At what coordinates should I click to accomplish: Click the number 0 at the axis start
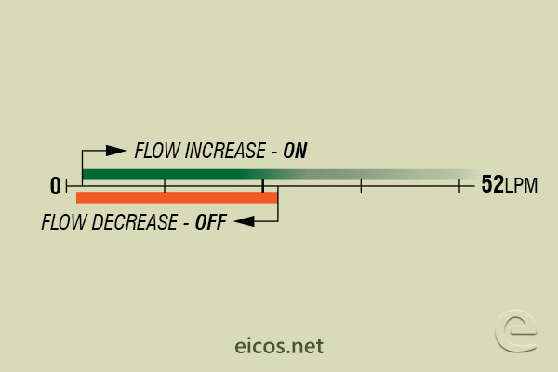55,186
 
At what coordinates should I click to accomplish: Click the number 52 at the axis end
492,185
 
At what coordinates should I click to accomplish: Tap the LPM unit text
521,186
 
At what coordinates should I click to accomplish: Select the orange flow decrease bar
177,197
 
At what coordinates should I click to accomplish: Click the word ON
295,151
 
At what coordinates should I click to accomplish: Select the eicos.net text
279,347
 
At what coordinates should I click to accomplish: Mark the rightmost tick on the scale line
459,186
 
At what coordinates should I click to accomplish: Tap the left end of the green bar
85,174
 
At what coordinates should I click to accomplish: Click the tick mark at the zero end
67,186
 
